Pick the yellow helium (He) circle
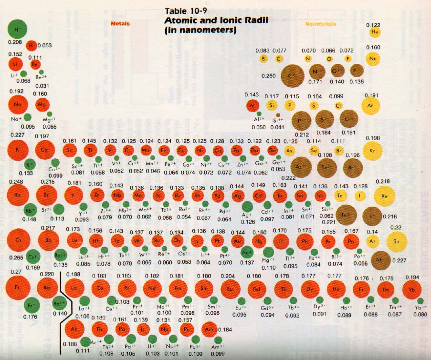pyautogui.click(x=376, y=32)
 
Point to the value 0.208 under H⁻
pyautogui.click(x=15, y=42)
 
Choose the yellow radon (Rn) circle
pyautogui.click(x=397, y=241)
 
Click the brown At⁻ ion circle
pyautogui.click(x=380, y=260)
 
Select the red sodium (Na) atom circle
pyautogui.click(x=18, y=104)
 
